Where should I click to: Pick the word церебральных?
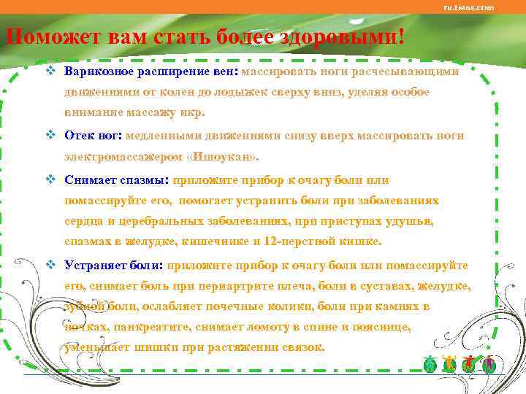(145, 220)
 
